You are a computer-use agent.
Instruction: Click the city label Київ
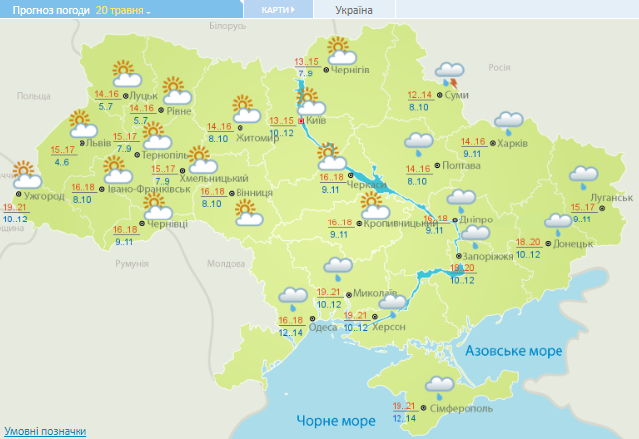click(317, 120)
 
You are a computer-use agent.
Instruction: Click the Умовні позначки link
click(44, 431)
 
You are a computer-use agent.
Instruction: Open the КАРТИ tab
click(277, 9)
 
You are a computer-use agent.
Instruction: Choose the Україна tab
click(354, 9)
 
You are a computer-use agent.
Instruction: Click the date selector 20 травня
click(123, 9)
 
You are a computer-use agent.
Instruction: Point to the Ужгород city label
click(44, 195)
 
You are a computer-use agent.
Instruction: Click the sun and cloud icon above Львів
click(82, 124)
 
